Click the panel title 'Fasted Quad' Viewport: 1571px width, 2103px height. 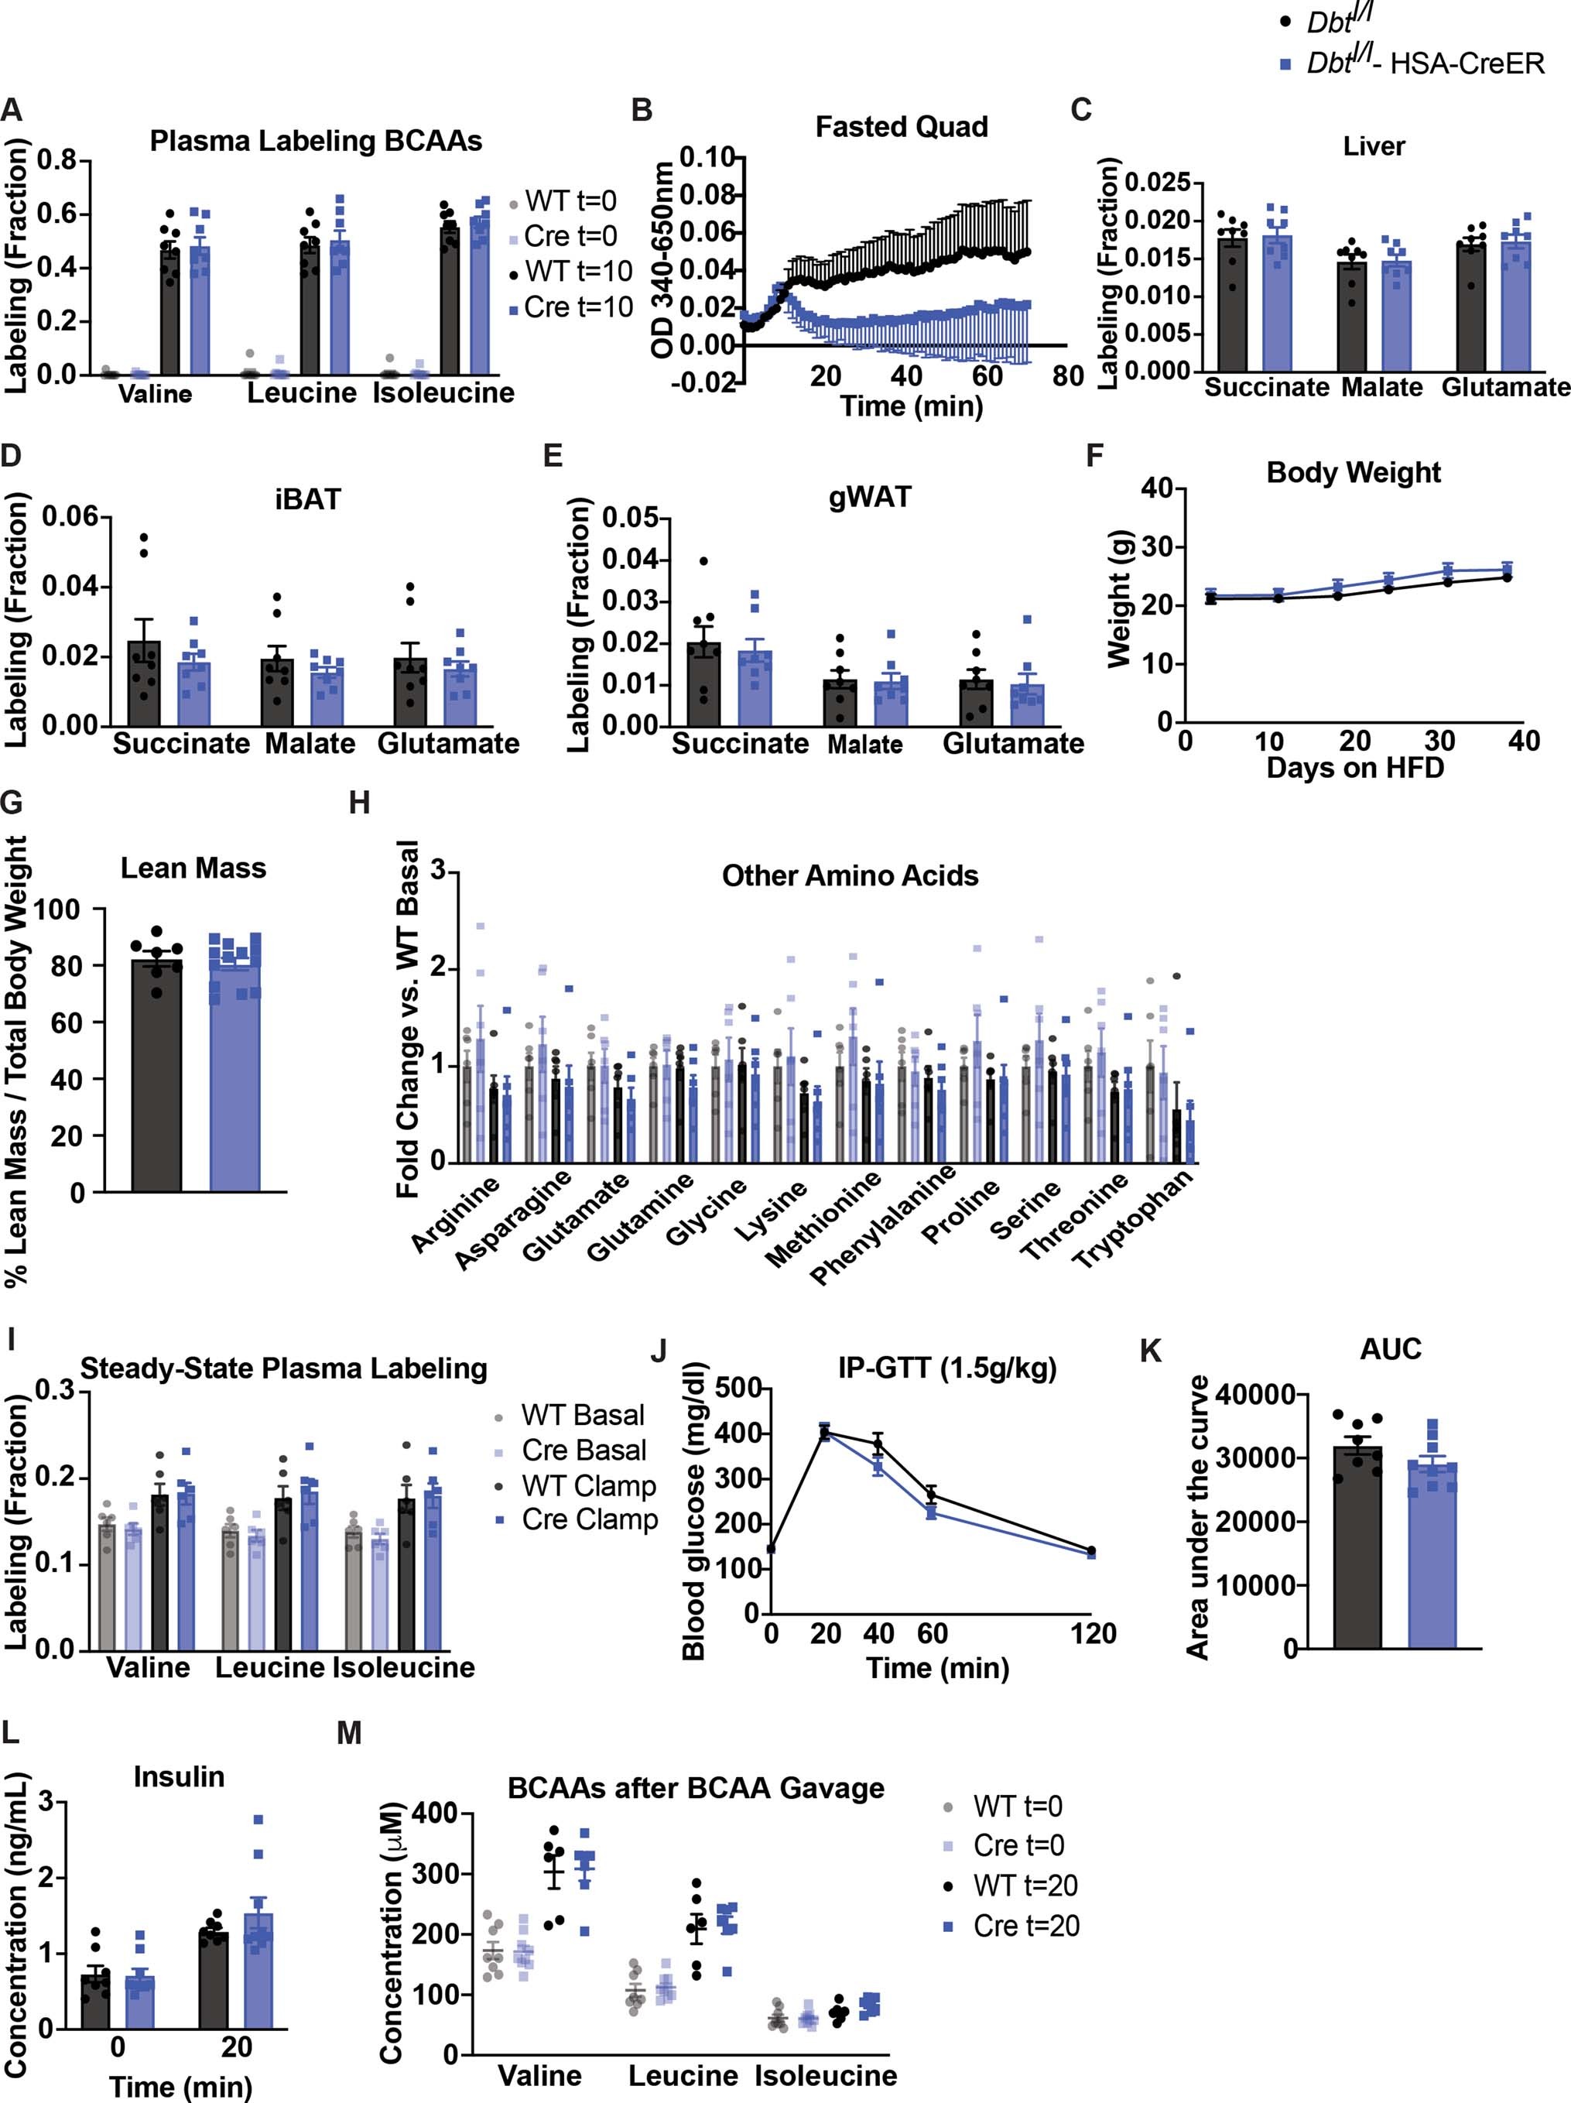901,128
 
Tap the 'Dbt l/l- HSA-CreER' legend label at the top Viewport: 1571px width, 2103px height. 1425,63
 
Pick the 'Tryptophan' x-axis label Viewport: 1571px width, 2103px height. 1133,1220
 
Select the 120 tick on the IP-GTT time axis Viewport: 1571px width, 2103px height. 1093,1633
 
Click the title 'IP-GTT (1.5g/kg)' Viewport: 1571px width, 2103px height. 946,1368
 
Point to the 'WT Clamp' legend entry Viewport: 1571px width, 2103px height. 588,1485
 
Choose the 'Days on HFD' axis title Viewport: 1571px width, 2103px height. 1355,767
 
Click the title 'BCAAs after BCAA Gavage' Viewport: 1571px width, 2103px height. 696,1788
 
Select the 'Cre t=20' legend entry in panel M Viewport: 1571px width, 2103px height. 1025,1925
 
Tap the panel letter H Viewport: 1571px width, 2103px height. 359,803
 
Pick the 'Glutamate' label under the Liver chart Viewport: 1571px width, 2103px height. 1505,387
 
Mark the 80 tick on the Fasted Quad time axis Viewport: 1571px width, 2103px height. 1067,376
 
